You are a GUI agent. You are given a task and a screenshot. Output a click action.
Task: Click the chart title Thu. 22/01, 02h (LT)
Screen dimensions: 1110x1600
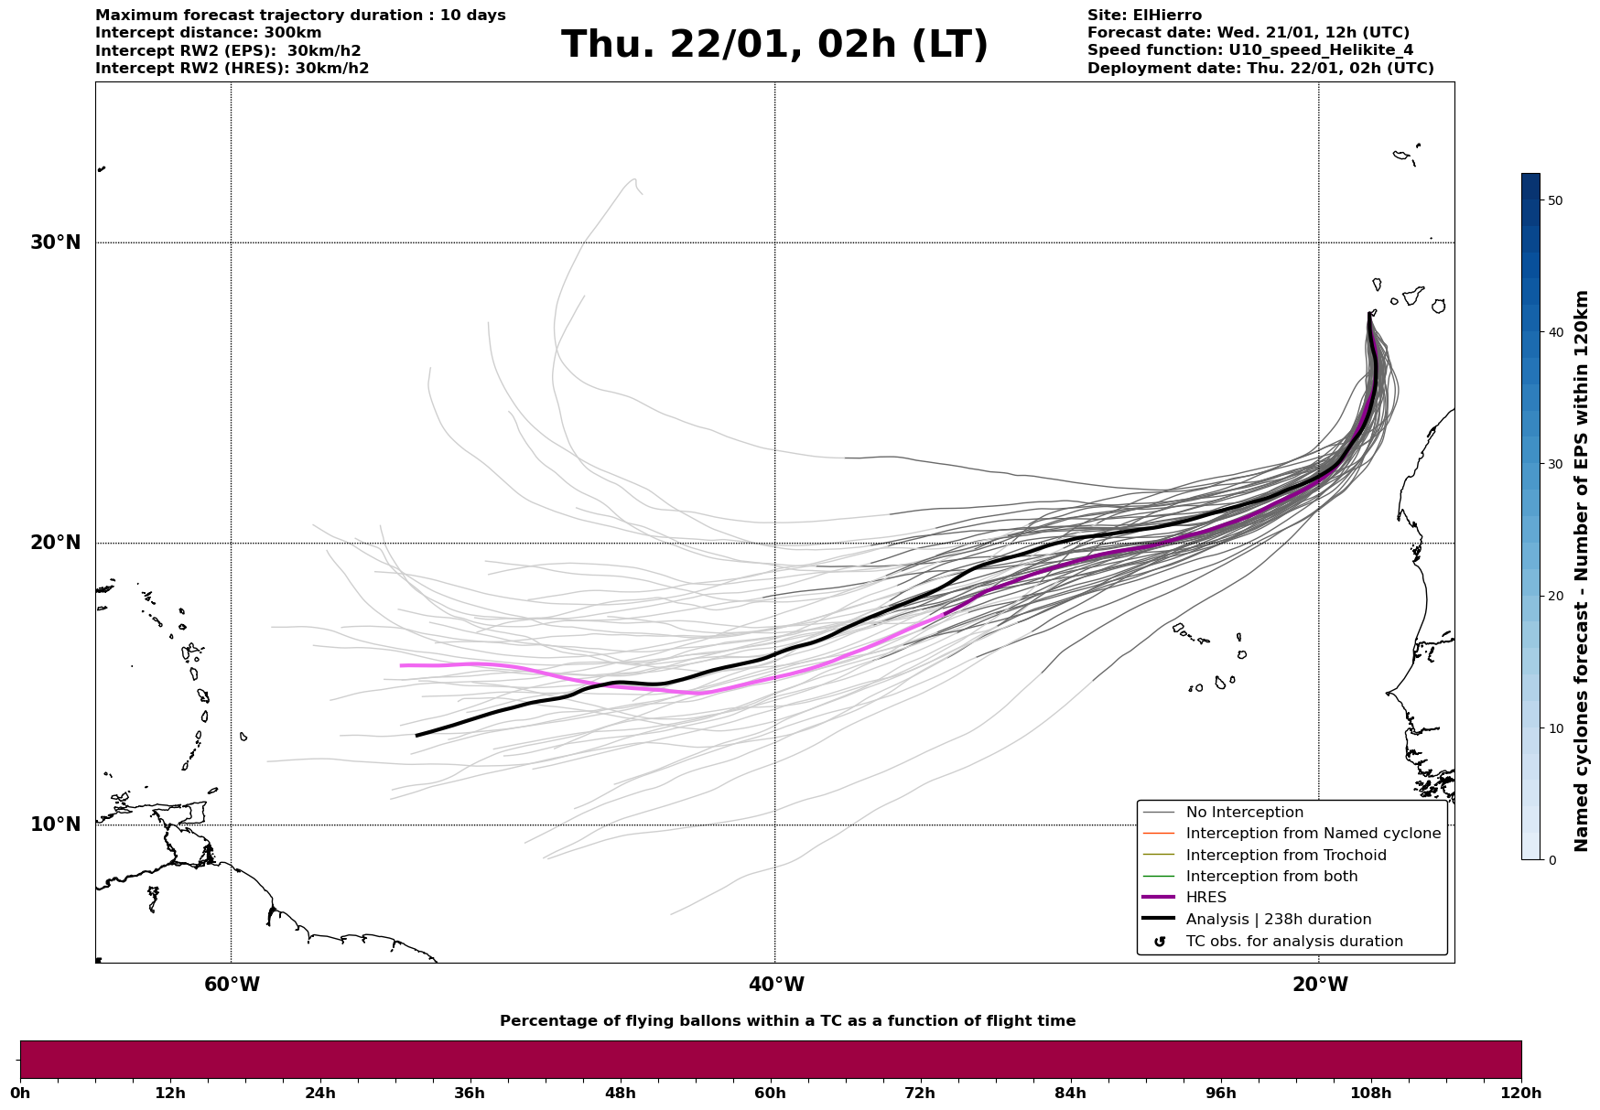(x=774, y=45)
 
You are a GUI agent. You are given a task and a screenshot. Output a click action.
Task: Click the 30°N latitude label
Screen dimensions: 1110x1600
(x=55, y=242)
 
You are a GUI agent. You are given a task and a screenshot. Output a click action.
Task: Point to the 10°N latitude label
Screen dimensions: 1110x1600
(x=55, y=824)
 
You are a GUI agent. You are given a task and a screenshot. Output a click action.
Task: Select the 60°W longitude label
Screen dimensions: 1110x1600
(x=232, y=985)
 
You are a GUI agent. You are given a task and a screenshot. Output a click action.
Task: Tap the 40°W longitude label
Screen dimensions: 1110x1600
(x=776, y=985)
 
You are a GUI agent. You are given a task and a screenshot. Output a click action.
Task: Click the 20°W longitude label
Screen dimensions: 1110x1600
(x=1320, y=985)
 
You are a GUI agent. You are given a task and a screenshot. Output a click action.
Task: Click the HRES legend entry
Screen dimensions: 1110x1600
(x=1205, y=898)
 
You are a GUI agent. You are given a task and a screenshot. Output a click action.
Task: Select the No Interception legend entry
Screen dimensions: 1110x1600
(x=1244, y=813)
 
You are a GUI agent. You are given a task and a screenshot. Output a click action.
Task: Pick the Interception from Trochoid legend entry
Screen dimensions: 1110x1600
(x=1285, y=856)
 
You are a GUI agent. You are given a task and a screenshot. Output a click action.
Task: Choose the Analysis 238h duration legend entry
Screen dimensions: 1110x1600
(x=1278, y=920)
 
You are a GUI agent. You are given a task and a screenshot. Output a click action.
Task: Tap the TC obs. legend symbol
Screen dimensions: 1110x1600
(x=1160, y=942)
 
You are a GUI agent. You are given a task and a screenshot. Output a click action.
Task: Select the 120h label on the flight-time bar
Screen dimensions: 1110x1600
(x=1521, y=1093)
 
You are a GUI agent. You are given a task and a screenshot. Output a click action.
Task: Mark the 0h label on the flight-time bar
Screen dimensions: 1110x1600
(x=20, y=1093)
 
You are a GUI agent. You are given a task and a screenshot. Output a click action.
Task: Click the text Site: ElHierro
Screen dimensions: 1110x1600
(x=1144, y=16)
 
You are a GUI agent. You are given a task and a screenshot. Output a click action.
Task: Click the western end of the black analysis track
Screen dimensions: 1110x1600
(x=417, y=735)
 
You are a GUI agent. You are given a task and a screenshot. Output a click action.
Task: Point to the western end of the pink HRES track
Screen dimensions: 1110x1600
(x=402, y=665)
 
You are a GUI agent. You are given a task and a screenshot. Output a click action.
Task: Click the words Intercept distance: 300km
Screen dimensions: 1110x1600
(x=209, y=33)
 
